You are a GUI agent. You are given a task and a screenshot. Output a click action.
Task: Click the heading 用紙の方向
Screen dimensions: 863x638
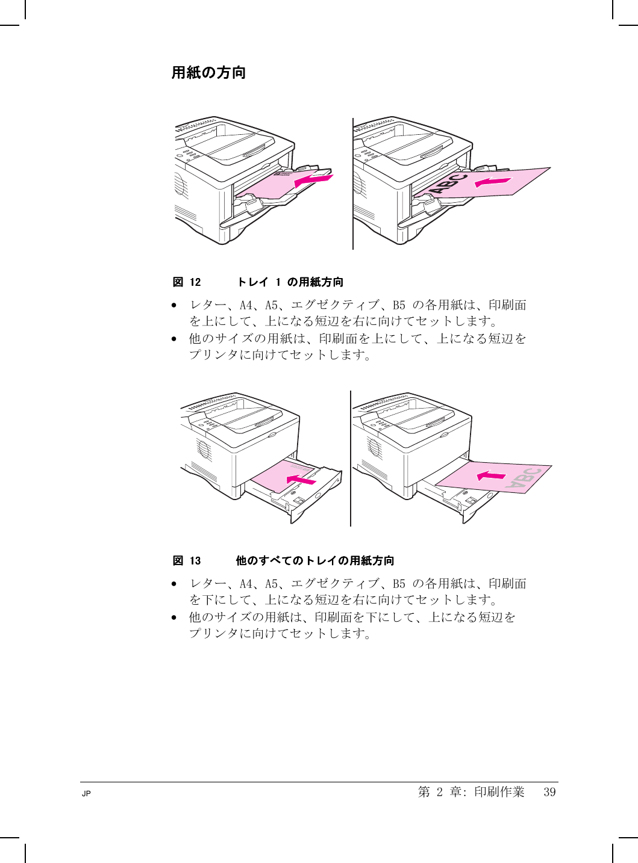tap(208, 73)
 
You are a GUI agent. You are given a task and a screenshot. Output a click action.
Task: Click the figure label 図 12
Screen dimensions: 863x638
tap(187, 282)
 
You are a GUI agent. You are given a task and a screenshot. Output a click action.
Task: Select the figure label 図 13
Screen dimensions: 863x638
tap(187, 561)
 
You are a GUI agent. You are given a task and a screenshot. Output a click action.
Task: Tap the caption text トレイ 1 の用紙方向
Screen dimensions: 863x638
tap(290, 282)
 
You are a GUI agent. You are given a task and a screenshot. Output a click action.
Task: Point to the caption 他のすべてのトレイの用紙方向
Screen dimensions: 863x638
tap(315, 561)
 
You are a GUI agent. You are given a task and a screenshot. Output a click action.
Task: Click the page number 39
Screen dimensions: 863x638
tap(549, 792)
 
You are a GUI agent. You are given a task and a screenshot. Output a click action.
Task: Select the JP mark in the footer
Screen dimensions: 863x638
tap(86, 794)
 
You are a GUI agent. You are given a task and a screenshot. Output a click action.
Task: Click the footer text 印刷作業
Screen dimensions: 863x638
tap(499, 792)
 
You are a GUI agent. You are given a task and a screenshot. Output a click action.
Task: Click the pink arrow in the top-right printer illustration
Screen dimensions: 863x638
tap(493, 181)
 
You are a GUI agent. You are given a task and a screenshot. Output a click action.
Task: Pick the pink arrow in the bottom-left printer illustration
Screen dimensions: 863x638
tap(301, 479)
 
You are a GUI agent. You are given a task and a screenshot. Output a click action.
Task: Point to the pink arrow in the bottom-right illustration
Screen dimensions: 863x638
tap(492, 476)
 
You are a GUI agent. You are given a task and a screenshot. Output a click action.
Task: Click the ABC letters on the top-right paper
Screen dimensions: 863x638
tap(449, 183)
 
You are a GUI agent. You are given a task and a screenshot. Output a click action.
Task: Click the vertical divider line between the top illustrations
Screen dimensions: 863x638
tap(353, 184)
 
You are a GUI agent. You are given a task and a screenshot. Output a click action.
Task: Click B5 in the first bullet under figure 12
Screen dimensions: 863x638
tap(399, 305)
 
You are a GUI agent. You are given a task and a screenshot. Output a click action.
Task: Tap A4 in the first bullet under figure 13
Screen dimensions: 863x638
tap(246, 584)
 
